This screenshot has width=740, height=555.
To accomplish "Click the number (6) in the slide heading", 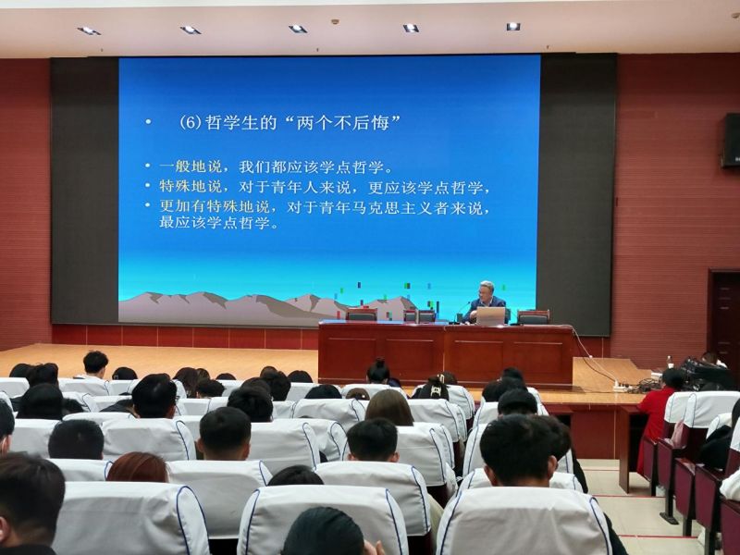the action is (191, 123).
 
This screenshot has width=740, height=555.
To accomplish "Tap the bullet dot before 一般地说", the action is (148, 166).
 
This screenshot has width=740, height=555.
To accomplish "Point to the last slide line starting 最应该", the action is (220, 223).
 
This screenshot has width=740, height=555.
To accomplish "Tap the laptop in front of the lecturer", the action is (490, 316).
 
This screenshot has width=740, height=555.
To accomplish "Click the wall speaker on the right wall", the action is (730, 141).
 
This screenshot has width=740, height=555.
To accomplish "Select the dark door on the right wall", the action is (724, 317).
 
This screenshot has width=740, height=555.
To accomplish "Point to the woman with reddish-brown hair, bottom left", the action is (137, 467).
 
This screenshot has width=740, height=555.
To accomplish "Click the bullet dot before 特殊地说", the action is (148, 186).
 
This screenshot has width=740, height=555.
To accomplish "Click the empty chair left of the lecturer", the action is (362, 314).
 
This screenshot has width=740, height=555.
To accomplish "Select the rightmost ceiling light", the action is (513, 27).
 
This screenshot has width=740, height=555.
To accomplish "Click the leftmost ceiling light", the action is (89, 31).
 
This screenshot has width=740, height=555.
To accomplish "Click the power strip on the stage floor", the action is (622, 388).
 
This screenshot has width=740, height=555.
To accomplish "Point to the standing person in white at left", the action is (95, 365).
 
